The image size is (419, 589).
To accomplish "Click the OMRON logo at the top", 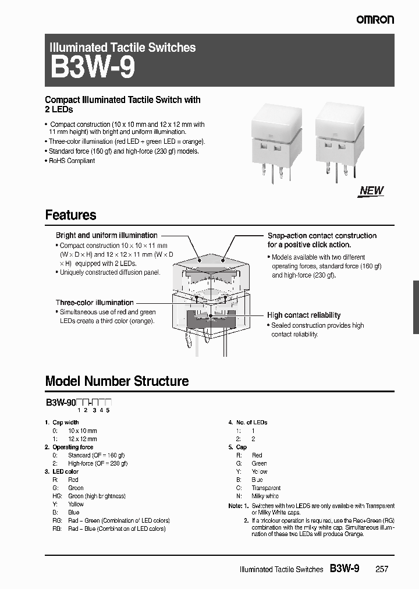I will pos(375,20).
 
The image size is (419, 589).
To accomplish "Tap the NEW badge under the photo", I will pos(371,190).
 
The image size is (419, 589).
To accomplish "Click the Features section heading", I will pos(70,215).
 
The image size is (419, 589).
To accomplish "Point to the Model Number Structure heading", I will pos(117,381).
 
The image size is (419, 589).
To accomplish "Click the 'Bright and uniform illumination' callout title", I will pos(106,235).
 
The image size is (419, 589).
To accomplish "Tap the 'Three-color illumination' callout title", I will pos(94,303).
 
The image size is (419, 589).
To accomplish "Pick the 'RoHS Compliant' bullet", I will pos(72,161).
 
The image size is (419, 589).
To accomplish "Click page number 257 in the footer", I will pos(381,569).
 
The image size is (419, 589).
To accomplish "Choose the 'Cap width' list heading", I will pos(65,423).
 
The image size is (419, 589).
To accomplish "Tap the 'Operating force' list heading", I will pos(73,447).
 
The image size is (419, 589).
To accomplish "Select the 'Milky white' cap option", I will pos(265,496).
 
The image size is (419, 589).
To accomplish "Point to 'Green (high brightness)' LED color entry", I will pos(97,496).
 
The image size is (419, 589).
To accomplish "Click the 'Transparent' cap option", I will pos(266,488).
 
